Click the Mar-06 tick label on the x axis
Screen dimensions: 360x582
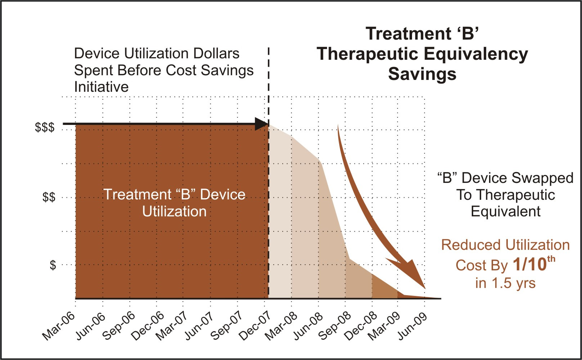59,326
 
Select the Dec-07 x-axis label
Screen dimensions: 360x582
255,326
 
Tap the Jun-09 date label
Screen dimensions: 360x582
412,326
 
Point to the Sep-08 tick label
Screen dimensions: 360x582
335,326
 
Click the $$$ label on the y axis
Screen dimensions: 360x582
45,127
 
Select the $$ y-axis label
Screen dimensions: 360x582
49,197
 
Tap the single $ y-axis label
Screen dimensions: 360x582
53,265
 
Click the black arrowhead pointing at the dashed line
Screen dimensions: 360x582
261,124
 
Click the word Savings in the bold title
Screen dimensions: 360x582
422,74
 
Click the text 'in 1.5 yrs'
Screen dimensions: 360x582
505,283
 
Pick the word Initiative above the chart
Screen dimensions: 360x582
101,87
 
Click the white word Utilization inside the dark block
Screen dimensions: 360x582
174,211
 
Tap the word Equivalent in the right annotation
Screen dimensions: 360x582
505,211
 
